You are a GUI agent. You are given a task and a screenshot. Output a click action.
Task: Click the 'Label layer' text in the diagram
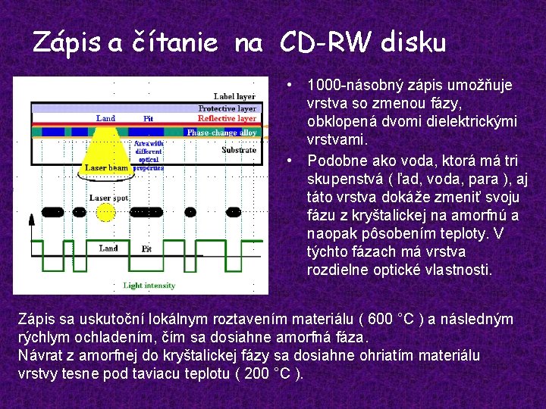tap(234, 97)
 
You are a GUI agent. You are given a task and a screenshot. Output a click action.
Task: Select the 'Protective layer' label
tap(227, 108)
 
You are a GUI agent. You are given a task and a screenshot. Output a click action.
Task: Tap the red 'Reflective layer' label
tap(227, 118)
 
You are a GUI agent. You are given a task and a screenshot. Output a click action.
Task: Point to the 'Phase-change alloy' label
tap(222, 133)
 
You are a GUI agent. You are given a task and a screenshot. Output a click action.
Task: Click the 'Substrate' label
tap(239, 150)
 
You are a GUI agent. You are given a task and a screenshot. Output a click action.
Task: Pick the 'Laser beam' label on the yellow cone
tap(106, 167)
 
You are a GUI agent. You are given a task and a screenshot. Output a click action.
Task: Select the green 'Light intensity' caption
tap(149, 286)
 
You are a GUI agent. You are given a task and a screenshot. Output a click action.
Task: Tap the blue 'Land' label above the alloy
tap(106, 118)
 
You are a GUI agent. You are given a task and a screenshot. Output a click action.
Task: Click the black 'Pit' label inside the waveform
tap(147, 248)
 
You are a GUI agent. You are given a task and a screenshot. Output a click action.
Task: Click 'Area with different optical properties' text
tap(149, 155)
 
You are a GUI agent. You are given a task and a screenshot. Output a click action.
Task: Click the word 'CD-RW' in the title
tap(318, 43)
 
